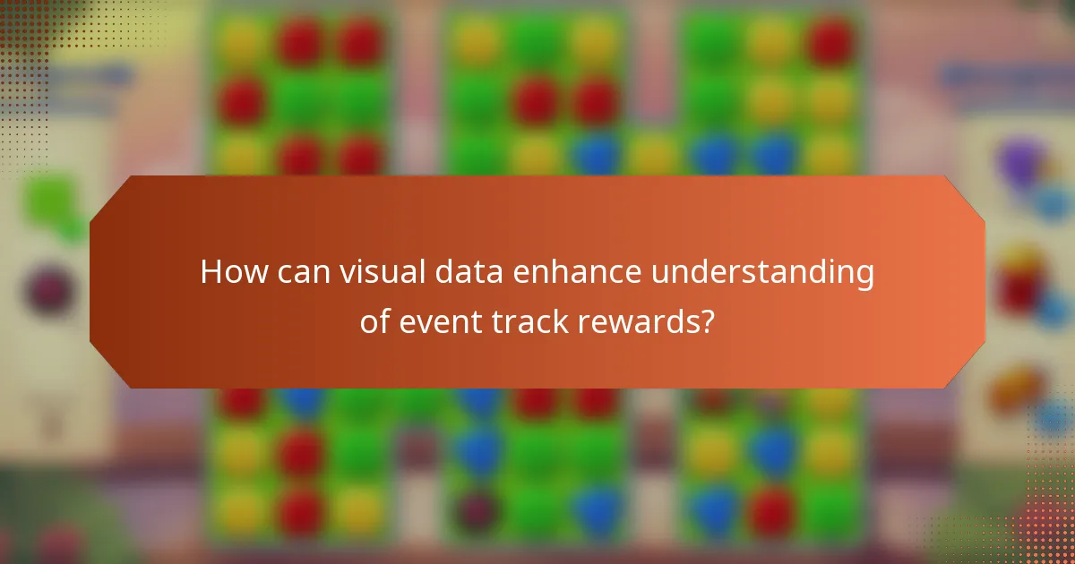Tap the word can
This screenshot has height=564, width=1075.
301,271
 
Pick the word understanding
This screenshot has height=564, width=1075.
761,271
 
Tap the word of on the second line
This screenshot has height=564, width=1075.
374,320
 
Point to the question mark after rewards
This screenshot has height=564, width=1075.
707,320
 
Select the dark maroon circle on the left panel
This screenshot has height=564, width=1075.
49,291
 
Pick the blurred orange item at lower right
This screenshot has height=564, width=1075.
1017,389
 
